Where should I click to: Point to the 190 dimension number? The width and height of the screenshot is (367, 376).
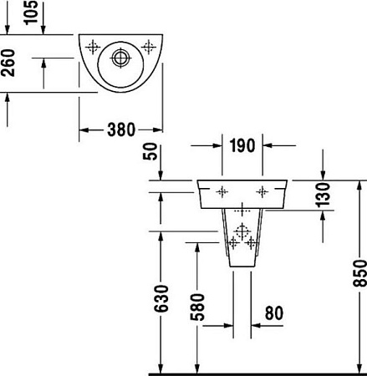(x=243, y=147)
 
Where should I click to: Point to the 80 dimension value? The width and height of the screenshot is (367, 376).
(x=273, y=314)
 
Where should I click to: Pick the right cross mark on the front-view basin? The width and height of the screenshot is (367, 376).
(x=263, y=191)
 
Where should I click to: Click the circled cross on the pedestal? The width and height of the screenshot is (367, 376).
(x=242, y=230)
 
